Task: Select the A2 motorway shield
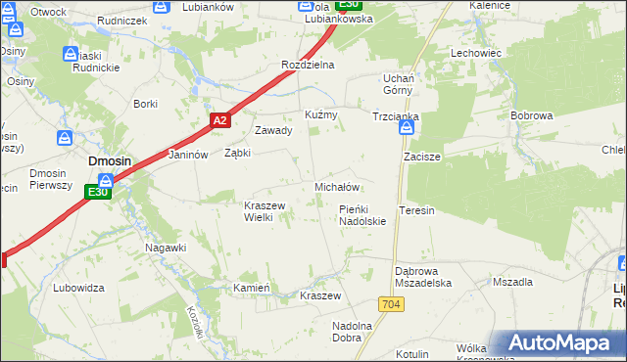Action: [x=219, y=120]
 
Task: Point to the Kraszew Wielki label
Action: [x=264, y=211]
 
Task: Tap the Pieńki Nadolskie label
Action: [x=362, y=215]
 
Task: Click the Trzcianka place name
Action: [x=396, y=116]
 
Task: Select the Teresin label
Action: [x=416, y=210]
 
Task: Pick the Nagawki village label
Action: [x=166, y=248]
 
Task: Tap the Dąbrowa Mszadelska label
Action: [x=421, y=276]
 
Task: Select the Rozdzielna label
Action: [x=308, y=65]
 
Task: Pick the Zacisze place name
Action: [x=422, y=157]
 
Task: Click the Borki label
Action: [x=145, y=104]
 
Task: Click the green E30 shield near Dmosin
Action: [x=97, y=193]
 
